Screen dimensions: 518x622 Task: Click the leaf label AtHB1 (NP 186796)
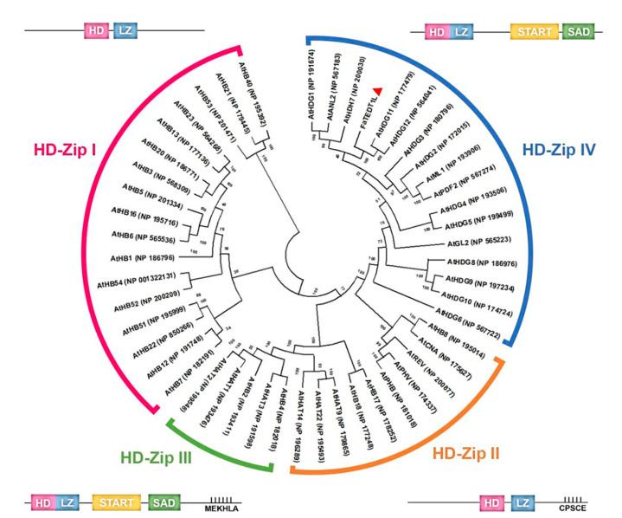coord(143,258)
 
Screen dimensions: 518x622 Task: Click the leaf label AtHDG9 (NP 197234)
coord(478,280)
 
